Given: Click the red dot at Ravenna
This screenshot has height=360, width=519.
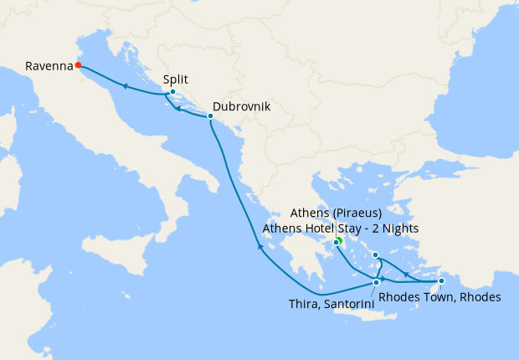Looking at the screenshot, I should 78,64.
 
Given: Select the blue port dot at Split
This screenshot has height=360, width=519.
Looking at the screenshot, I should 172,92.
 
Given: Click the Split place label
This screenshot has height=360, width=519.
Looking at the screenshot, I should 176,80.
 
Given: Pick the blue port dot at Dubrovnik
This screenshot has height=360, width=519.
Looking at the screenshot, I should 210,116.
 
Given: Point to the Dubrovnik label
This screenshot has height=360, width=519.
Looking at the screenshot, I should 241,107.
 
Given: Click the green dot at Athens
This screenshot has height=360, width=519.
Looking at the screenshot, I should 340,241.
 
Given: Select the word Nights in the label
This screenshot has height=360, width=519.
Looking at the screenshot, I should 400,228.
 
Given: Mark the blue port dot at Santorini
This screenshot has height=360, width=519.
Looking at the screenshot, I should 377,283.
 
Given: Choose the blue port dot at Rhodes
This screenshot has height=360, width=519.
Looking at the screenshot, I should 441,269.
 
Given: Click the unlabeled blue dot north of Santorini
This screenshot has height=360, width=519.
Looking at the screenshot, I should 375,255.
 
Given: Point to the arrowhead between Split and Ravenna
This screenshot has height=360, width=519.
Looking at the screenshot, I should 124,86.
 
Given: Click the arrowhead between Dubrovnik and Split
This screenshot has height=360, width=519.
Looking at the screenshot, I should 178,108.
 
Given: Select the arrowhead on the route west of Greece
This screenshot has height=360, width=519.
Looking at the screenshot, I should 259,247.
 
